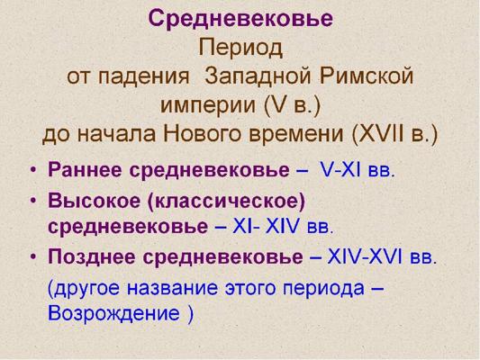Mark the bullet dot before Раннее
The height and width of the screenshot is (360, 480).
pyautogui.click(x=33, y=170)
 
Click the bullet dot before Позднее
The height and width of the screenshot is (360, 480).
pyautogui.click(x=33, y=257)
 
